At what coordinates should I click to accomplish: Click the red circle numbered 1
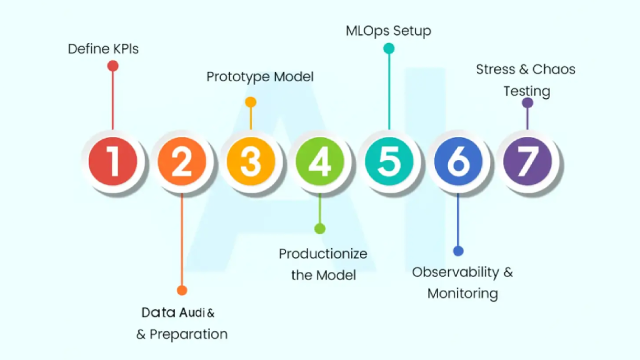tap(113, 161)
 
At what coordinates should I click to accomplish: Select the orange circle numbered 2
tap(182, 161)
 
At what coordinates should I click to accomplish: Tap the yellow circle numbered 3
tap(251, 161)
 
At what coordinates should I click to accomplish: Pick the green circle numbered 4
tap(320, 161)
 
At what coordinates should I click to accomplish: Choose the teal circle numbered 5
tap(389, 161)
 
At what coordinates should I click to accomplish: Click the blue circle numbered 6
tap(458, 161)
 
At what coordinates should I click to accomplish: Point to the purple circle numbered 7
tap(527, 161)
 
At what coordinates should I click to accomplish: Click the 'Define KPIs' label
tap(103, 49)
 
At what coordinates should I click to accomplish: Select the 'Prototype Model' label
tap(260, 77)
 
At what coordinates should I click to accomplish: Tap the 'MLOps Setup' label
tap(389, 31)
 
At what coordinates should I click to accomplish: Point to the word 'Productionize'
tap(323, 254)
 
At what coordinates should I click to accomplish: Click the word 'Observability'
tap(456, 272)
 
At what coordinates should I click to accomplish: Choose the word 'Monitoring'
tap(462, 293)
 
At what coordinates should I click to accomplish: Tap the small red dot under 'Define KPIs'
tap(113, 66)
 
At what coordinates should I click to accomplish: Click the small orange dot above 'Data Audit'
tap(182, 290)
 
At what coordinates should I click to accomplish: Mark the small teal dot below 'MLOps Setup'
tap(389, 48)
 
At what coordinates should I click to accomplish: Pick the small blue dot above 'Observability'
tap(458, 251)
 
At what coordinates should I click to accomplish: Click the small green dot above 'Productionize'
tap(320, 229)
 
